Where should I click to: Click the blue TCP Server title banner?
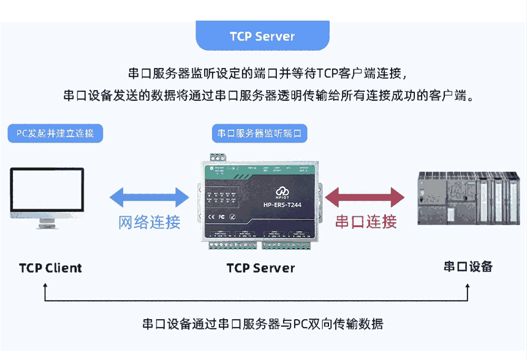262,36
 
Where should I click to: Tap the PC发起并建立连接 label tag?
55,133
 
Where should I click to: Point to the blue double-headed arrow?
149,197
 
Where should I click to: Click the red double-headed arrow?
365,197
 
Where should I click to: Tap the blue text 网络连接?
149,222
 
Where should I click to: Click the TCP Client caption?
50,268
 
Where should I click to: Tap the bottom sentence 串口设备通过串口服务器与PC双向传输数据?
263,324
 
